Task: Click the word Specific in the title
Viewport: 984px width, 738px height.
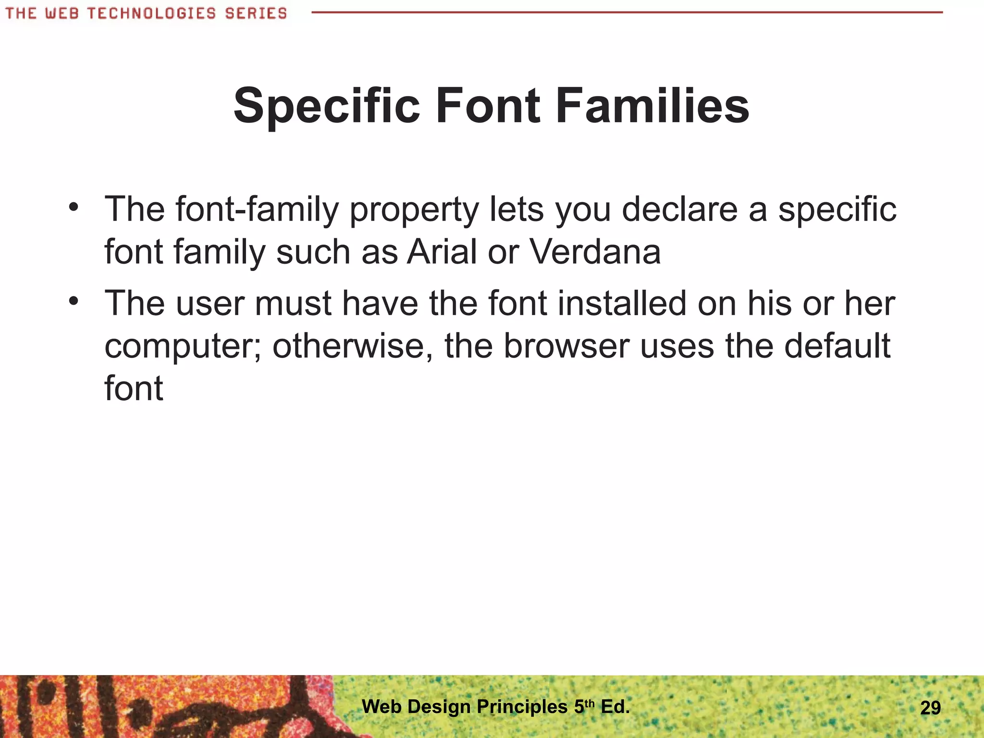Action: click(327, 106)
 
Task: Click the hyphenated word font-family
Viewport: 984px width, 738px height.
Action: click(257, 210)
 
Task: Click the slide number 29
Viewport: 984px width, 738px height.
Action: click(930, 708)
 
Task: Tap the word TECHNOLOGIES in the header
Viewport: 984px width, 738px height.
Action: click(151, 13)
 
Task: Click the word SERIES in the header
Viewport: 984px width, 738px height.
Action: click(256, 13)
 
